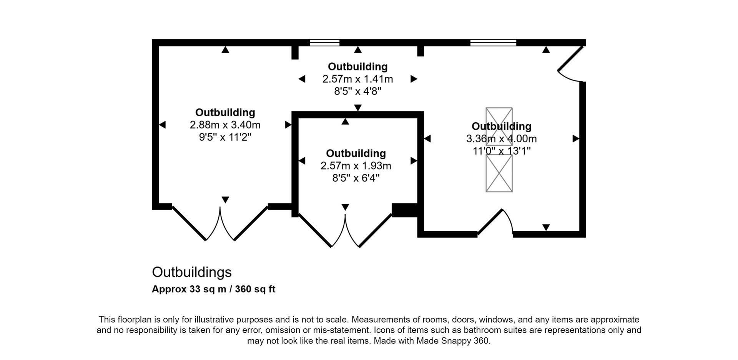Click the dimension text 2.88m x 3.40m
pos(225,125)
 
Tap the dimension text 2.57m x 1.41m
pos(357,79)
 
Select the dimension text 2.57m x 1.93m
pos(356,166)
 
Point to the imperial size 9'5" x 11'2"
pos(225,137)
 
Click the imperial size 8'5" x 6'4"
pos(356,178)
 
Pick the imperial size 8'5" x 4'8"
pos(357,92)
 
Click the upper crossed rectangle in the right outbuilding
pos(499,126)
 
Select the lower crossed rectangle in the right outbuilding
pos(499,173)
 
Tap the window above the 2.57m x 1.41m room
pos(325,42)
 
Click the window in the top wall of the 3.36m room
pos(493,42)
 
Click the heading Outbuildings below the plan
pos(192,272)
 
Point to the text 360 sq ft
pos(255,289)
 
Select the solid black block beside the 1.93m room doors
pos(404,210)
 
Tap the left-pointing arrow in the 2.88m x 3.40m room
pos(162,125)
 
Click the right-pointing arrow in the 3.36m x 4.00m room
pos(576,138)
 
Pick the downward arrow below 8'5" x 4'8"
pos(358,108)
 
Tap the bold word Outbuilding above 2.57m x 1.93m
pos(356,153)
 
